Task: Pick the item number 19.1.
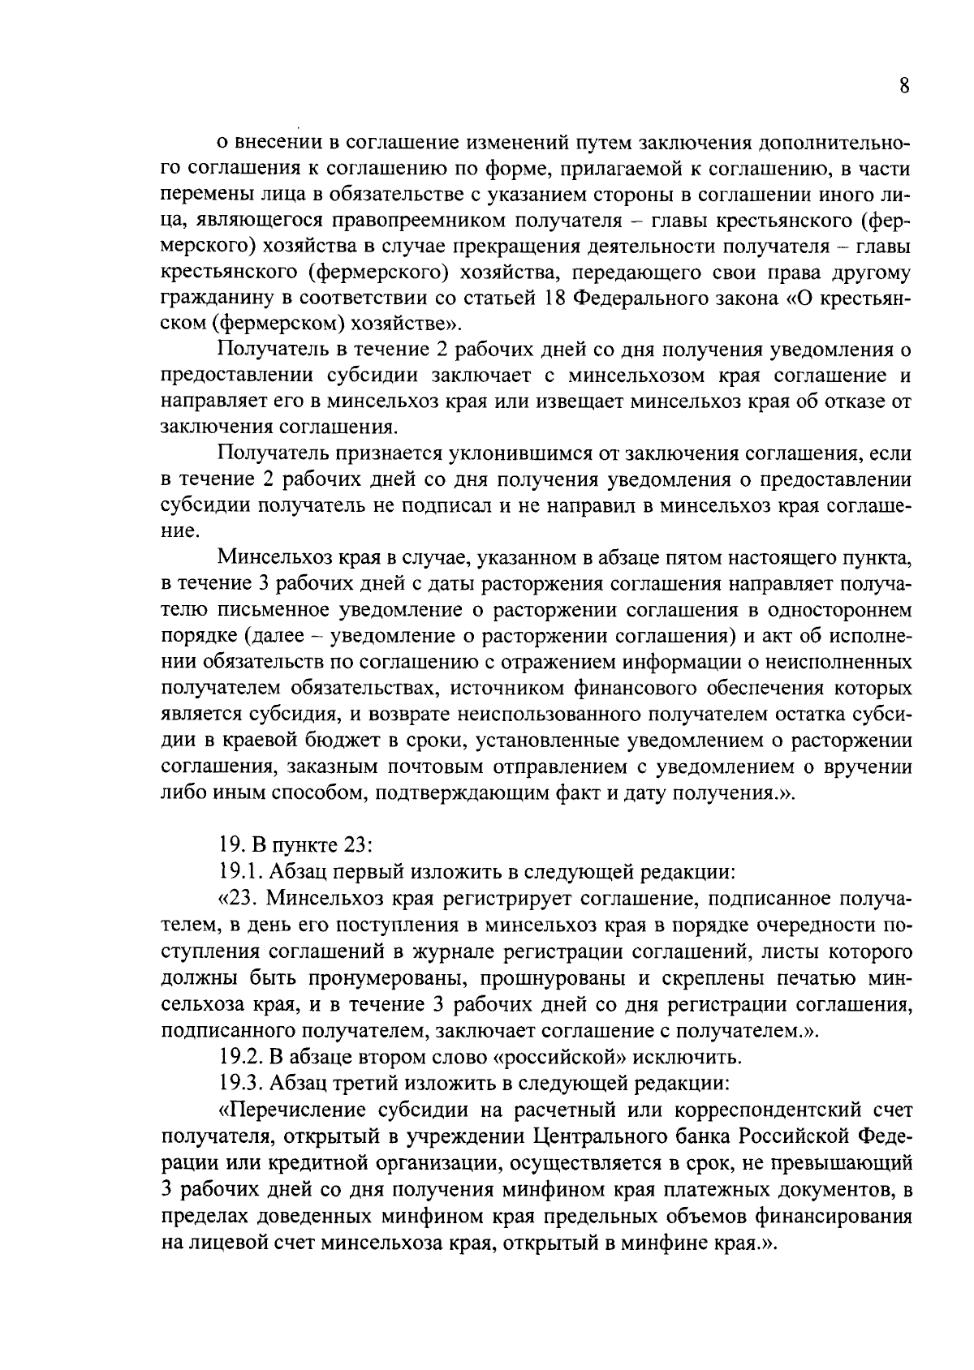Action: (x=241, y=871)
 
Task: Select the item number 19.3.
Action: (x=241, y=1084)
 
